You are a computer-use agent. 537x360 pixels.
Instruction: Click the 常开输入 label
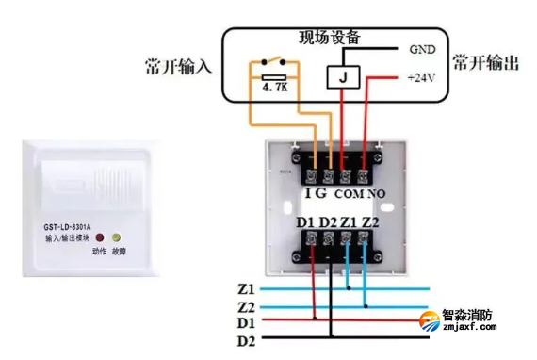point(178,66)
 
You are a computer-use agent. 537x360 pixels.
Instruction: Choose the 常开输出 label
point(485,63)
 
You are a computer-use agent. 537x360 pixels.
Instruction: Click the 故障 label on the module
point(118,252)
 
